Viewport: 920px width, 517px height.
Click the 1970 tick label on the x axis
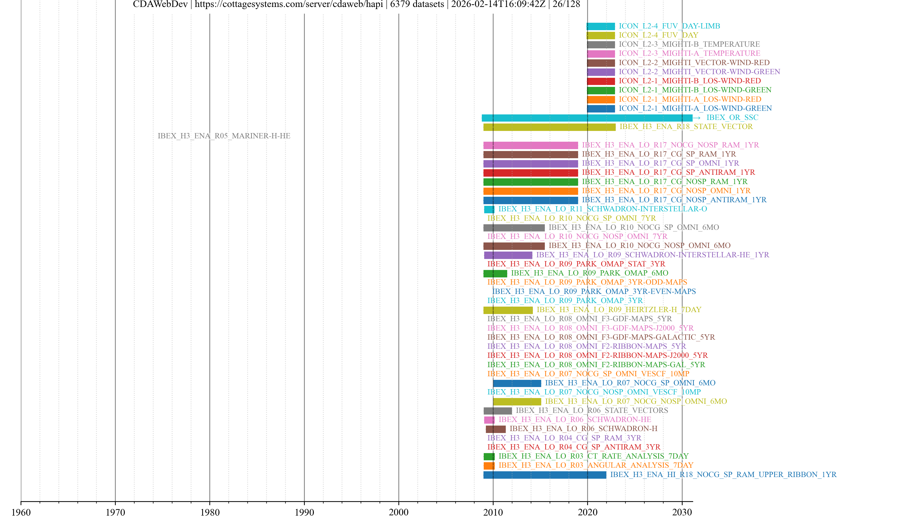click(x=115, y=512)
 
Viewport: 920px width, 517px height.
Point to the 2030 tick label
click(x=682, y=512)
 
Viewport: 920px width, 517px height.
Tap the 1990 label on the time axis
click(x=304, y=512)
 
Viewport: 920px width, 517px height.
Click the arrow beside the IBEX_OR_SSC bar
click(x=697, y=118)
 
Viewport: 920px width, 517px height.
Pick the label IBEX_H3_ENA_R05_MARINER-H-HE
click(x=224, y=136)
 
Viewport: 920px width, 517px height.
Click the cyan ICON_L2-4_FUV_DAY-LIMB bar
click(x=601, y=26)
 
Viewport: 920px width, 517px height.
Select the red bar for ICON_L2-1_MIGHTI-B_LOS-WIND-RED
click(x=601, y=81)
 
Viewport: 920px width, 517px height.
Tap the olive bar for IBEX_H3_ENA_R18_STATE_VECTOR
click(x=549, y=127)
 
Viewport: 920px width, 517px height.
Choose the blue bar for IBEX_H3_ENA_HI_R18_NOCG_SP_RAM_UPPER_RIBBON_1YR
click(x=545, y=475)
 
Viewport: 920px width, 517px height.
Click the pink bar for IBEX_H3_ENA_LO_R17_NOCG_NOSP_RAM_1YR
click(x=530, y=145)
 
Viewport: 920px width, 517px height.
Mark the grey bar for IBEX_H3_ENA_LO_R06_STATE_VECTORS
click(x=498, y=411)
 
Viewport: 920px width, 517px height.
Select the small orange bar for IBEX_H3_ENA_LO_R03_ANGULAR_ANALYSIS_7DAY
click(x=489, y=466)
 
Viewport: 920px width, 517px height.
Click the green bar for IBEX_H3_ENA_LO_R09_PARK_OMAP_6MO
click(x=495, y=273)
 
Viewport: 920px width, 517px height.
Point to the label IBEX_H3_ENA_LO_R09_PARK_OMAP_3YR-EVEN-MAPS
click(x=594, y=292)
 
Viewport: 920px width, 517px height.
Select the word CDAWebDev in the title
click(x=160, y=4)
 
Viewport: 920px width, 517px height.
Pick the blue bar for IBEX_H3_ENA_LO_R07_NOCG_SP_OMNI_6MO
click(x=517, y=383)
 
